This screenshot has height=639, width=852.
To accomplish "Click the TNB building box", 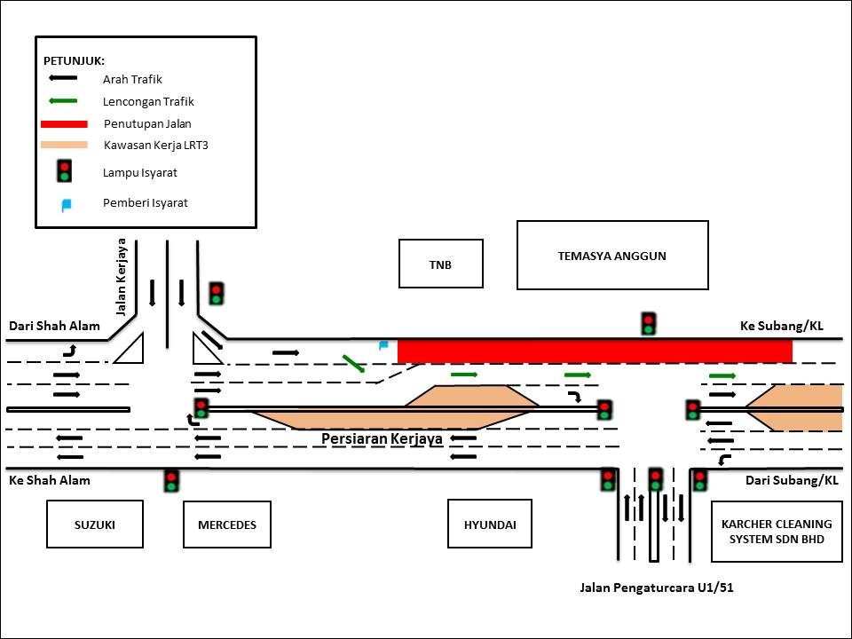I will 441,264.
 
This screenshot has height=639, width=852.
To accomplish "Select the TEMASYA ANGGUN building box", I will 612,256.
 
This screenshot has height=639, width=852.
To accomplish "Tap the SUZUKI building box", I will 95,525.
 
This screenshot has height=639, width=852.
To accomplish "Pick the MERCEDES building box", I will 226,525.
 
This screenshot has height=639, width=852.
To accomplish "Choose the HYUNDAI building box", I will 490,525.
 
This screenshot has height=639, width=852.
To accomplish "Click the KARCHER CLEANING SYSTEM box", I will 777,532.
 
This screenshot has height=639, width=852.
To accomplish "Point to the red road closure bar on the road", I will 595,351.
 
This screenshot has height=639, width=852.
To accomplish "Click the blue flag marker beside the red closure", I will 384,345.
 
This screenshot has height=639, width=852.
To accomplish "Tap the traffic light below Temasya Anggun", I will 649,324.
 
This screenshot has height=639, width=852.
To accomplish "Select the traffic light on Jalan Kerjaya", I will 216,293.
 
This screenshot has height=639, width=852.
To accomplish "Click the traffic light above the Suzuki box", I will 171,481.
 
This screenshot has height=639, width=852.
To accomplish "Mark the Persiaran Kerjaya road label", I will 382,438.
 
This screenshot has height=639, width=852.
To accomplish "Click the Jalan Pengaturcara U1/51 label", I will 656,588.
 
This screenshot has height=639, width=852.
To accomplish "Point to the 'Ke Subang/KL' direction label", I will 781,326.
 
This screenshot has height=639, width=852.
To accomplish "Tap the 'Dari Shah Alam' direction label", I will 54,326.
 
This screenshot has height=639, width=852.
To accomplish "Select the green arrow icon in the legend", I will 64,101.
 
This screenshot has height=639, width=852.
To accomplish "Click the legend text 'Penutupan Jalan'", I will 147,123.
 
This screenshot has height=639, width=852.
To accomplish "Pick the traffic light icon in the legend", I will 64,171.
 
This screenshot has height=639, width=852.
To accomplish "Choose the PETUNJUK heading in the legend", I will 74,60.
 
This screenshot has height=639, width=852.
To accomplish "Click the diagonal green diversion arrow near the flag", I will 353,362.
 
